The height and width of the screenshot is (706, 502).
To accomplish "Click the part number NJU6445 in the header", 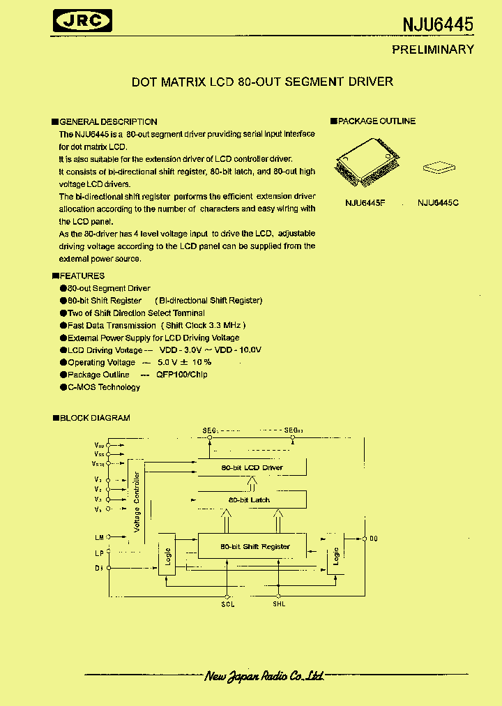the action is pyautogui.click(x=438, y=24).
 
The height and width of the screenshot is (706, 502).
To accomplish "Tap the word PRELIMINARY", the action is pyautogui.click(x=432, y=50).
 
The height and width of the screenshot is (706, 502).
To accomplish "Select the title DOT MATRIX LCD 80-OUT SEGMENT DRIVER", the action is pyautogui.click(x=262, y=82).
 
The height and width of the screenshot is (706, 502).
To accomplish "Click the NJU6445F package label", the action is pyautogui.click(x=365, y=203).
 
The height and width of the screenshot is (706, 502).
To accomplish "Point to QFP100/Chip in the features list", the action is pyautogui.click(x=181, y=375).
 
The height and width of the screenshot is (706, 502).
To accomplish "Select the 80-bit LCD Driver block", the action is pyautogui.click(x=252, y=467).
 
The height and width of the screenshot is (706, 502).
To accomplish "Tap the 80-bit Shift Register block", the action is pyautogui.click(x=254, y=546).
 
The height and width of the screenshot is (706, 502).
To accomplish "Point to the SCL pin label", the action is pyautogui.click(x=228, y=603).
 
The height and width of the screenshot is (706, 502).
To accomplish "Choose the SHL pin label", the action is pyautogui.click(x=279, y=603).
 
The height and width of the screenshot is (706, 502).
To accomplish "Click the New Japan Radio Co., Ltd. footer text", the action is pyautogui.click(x=265, y=676).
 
